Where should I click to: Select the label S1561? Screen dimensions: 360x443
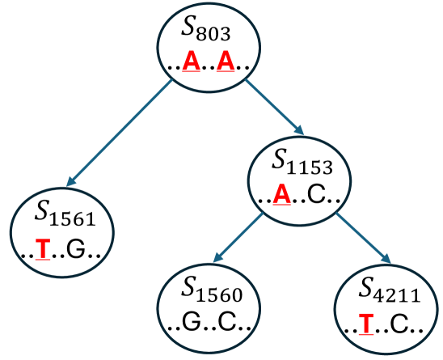pyautogui.click(x=65, y=214)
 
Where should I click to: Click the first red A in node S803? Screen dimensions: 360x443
pyautogui.click(x=191, y=61)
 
